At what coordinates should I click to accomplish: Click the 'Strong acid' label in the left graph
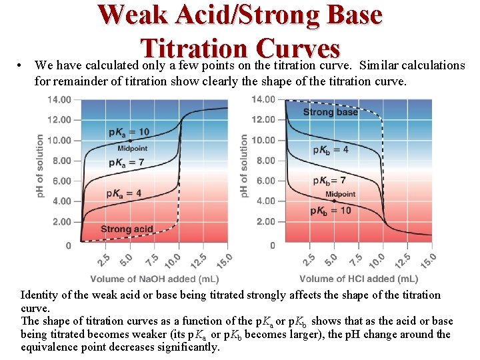pos(127,229)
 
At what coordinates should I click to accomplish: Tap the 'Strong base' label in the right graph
pos(331,112)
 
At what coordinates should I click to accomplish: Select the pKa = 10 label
pos(129,132)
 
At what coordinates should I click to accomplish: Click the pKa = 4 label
pos(123,194)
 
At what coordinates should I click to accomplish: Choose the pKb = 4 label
pos(331,149)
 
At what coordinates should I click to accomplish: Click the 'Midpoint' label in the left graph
pos(132,148)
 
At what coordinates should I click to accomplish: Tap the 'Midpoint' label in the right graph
pos(340,195)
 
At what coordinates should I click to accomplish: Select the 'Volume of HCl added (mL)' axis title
pos(358,279)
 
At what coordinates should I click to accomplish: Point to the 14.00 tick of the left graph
pos(59,100)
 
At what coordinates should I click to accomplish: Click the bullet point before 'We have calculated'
pos(22,66)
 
